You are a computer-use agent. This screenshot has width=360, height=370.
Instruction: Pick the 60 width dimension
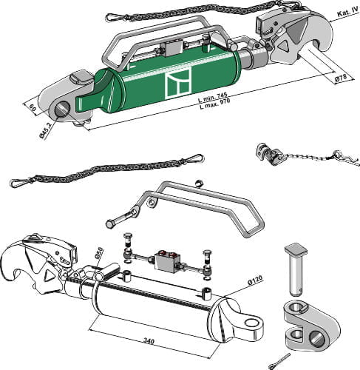point(33,108)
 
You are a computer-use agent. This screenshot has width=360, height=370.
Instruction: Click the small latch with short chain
point(269,154)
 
